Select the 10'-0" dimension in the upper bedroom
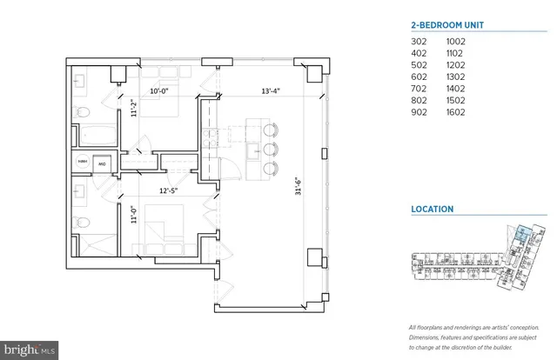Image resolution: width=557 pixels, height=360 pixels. click(x=158, y=89)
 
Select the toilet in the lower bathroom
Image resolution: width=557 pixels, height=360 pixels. click(x=80, y=223)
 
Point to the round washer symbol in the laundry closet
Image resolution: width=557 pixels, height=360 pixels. click(x=102, y=163)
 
